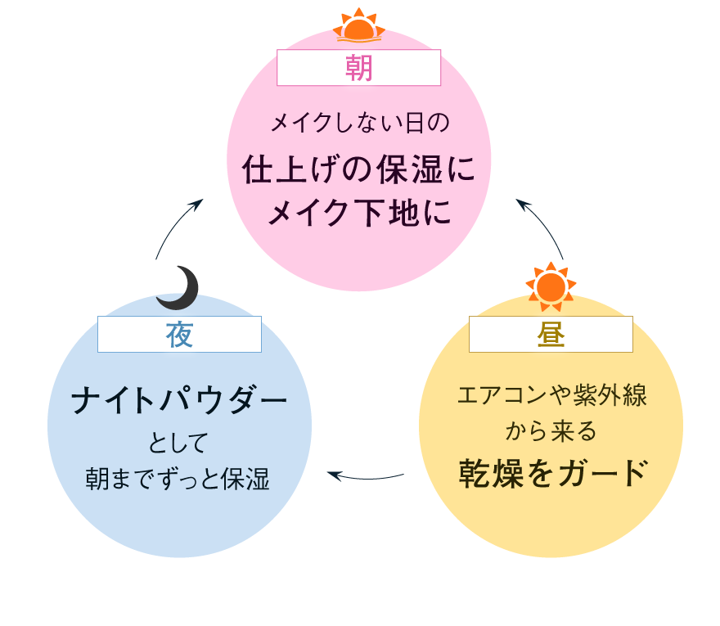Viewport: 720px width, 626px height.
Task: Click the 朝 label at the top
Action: tap(358, 68)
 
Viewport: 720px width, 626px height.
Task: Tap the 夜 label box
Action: tap(179, 335)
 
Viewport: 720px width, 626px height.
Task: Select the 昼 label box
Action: tap(551, 335)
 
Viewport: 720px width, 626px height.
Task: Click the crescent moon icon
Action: tap(178, 288)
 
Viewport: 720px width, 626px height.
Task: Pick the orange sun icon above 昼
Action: tap(551, 286)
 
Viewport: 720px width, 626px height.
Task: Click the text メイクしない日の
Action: tap(359, 124)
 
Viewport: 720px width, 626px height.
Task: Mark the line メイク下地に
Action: tap(359, 214)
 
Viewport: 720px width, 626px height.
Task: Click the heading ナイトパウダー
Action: tap(179, 401)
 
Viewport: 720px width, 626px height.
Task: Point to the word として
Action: tap(178, 444)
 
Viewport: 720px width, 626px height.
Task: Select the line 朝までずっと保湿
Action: tap(178, 479)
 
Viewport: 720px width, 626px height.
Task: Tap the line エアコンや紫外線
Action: tap(551, 395)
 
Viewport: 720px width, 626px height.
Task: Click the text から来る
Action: tap(551, 431)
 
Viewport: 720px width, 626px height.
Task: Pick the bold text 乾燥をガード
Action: tap(551, 473)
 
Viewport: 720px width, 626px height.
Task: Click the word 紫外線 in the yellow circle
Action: tap(607, 395)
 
